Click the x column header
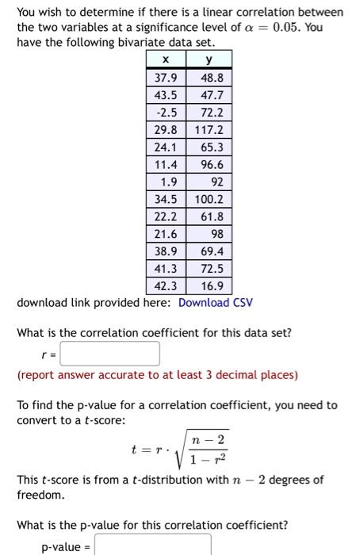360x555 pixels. [165, 60]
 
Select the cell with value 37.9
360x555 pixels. [165, 78]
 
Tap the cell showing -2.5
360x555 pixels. [165, 113]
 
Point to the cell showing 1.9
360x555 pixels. [165, 182]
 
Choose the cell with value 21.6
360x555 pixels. [165, 234]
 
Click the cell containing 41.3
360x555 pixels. [165, 268]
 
